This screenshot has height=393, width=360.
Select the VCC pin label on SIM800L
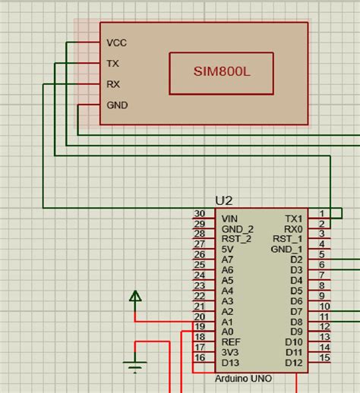[117, 43]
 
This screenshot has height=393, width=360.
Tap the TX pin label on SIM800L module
[113, 64]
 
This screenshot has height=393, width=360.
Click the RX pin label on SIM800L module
[113, 84]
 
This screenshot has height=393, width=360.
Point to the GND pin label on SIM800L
[117, 105]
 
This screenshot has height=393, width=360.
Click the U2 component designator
[224, 200]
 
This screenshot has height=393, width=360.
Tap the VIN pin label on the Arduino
[229, 218]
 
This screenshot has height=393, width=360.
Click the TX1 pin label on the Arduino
[293, 218]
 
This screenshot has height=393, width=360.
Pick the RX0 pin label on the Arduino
[292, 228]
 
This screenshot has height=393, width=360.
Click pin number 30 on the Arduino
[200, 214]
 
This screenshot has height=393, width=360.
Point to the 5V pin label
[227, 249]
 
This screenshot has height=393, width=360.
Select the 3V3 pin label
[229, 352]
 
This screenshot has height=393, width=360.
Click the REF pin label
[229, 342]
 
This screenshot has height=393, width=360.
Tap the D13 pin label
[229, 363]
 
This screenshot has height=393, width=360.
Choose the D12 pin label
[294, 363]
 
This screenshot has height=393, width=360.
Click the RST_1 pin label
[289, 239]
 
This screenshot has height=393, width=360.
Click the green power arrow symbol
[135, 296]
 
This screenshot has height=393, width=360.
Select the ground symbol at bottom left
[135, 368]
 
